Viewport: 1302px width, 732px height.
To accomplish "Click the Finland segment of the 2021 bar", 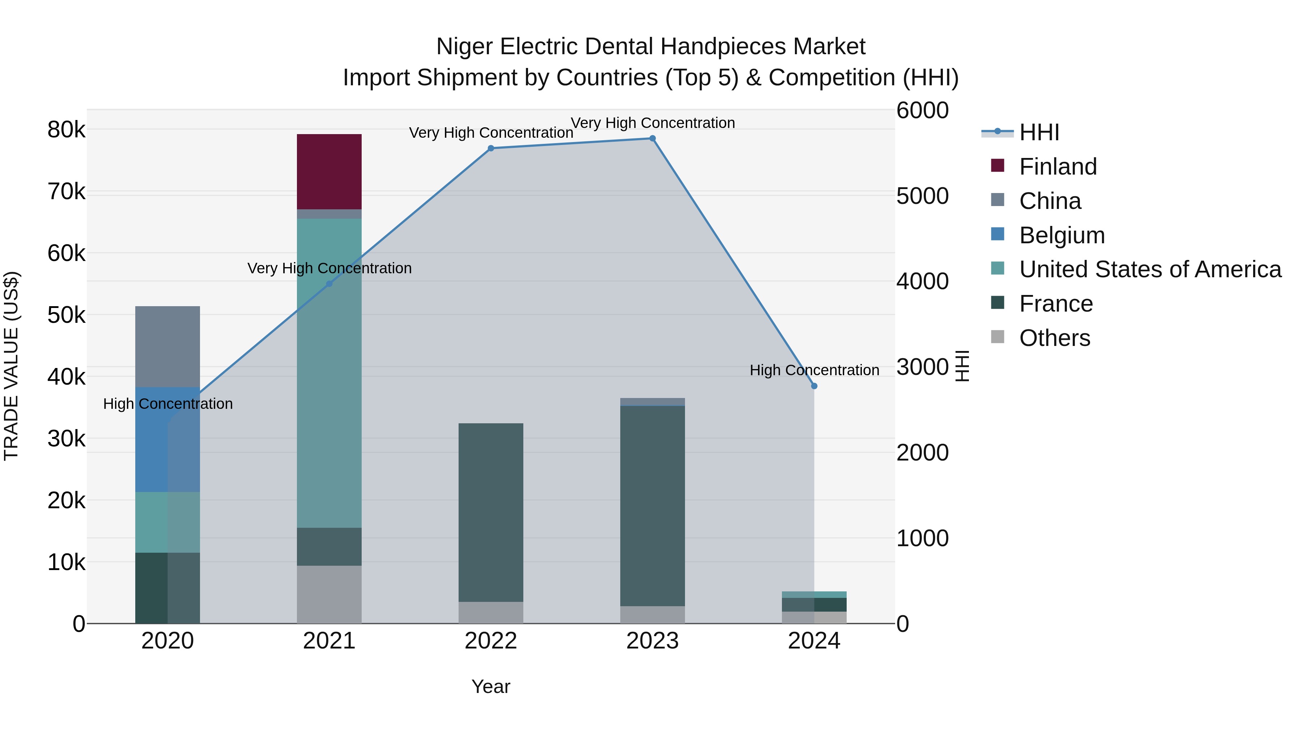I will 329,172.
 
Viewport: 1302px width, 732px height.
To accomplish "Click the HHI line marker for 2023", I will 652,138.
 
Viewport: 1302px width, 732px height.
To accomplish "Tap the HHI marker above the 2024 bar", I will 814,386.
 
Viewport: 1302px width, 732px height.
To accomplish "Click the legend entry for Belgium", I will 1061,235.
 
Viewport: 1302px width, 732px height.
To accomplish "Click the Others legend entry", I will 1054,338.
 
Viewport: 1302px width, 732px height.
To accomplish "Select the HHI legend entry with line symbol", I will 1039,132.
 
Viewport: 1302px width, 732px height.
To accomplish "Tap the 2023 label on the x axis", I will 652,641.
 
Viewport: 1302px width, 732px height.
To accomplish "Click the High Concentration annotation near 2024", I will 814,370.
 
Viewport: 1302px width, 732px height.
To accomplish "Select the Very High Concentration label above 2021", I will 329,268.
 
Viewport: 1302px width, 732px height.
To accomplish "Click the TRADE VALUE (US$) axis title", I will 11,366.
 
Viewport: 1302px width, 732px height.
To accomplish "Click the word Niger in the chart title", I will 464,47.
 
